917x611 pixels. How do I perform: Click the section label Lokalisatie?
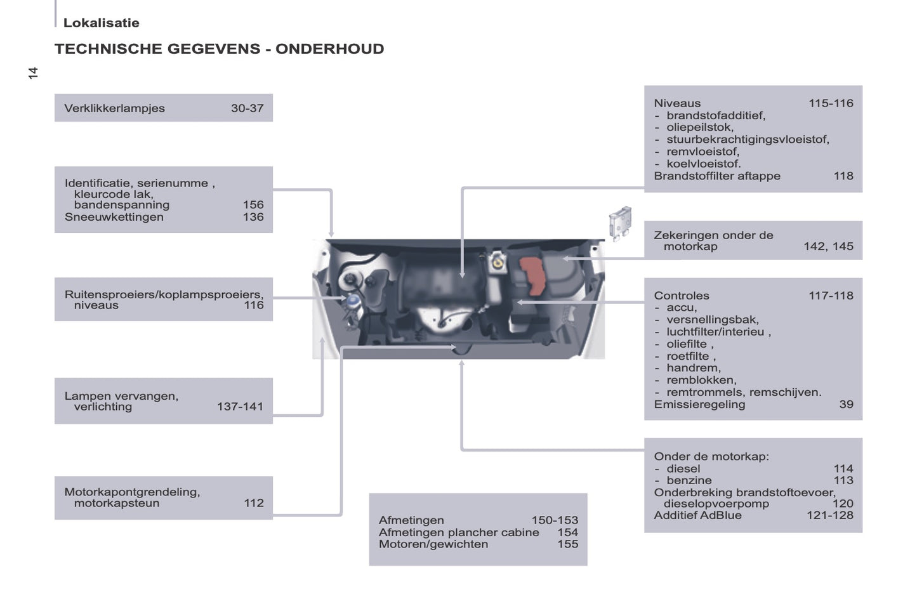[101, 23]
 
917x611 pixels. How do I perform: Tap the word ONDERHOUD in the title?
[329, 49]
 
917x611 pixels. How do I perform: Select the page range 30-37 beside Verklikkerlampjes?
[247, 108]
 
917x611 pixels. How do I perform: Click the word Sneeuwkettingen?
[114, 217]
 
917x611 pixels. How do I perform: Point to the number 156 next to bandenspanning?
[253, 205]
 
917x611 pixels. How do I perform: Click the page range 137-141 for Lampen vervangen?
[240, 407]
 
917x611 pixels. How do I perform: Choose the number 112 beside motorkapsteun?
[253, 503]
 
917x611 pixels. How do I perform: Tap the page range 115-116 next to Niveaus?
[830, 103]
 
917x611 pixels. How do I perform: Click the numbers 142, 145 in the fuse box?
[828, 246]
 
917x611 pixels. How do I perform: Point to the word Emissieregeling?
[699, 404]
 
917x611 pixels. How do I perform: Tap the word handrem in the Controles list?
[693, 368]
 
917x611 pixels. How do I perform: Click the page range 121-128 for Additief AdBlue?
[829, 515]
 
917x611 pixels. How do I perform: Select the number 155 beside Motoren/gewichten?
[567, 544]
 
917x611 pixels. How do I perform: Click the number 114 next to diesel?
[843, 469]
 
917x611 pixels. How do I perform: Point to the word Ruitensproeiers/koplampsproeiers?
[164, 294]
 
